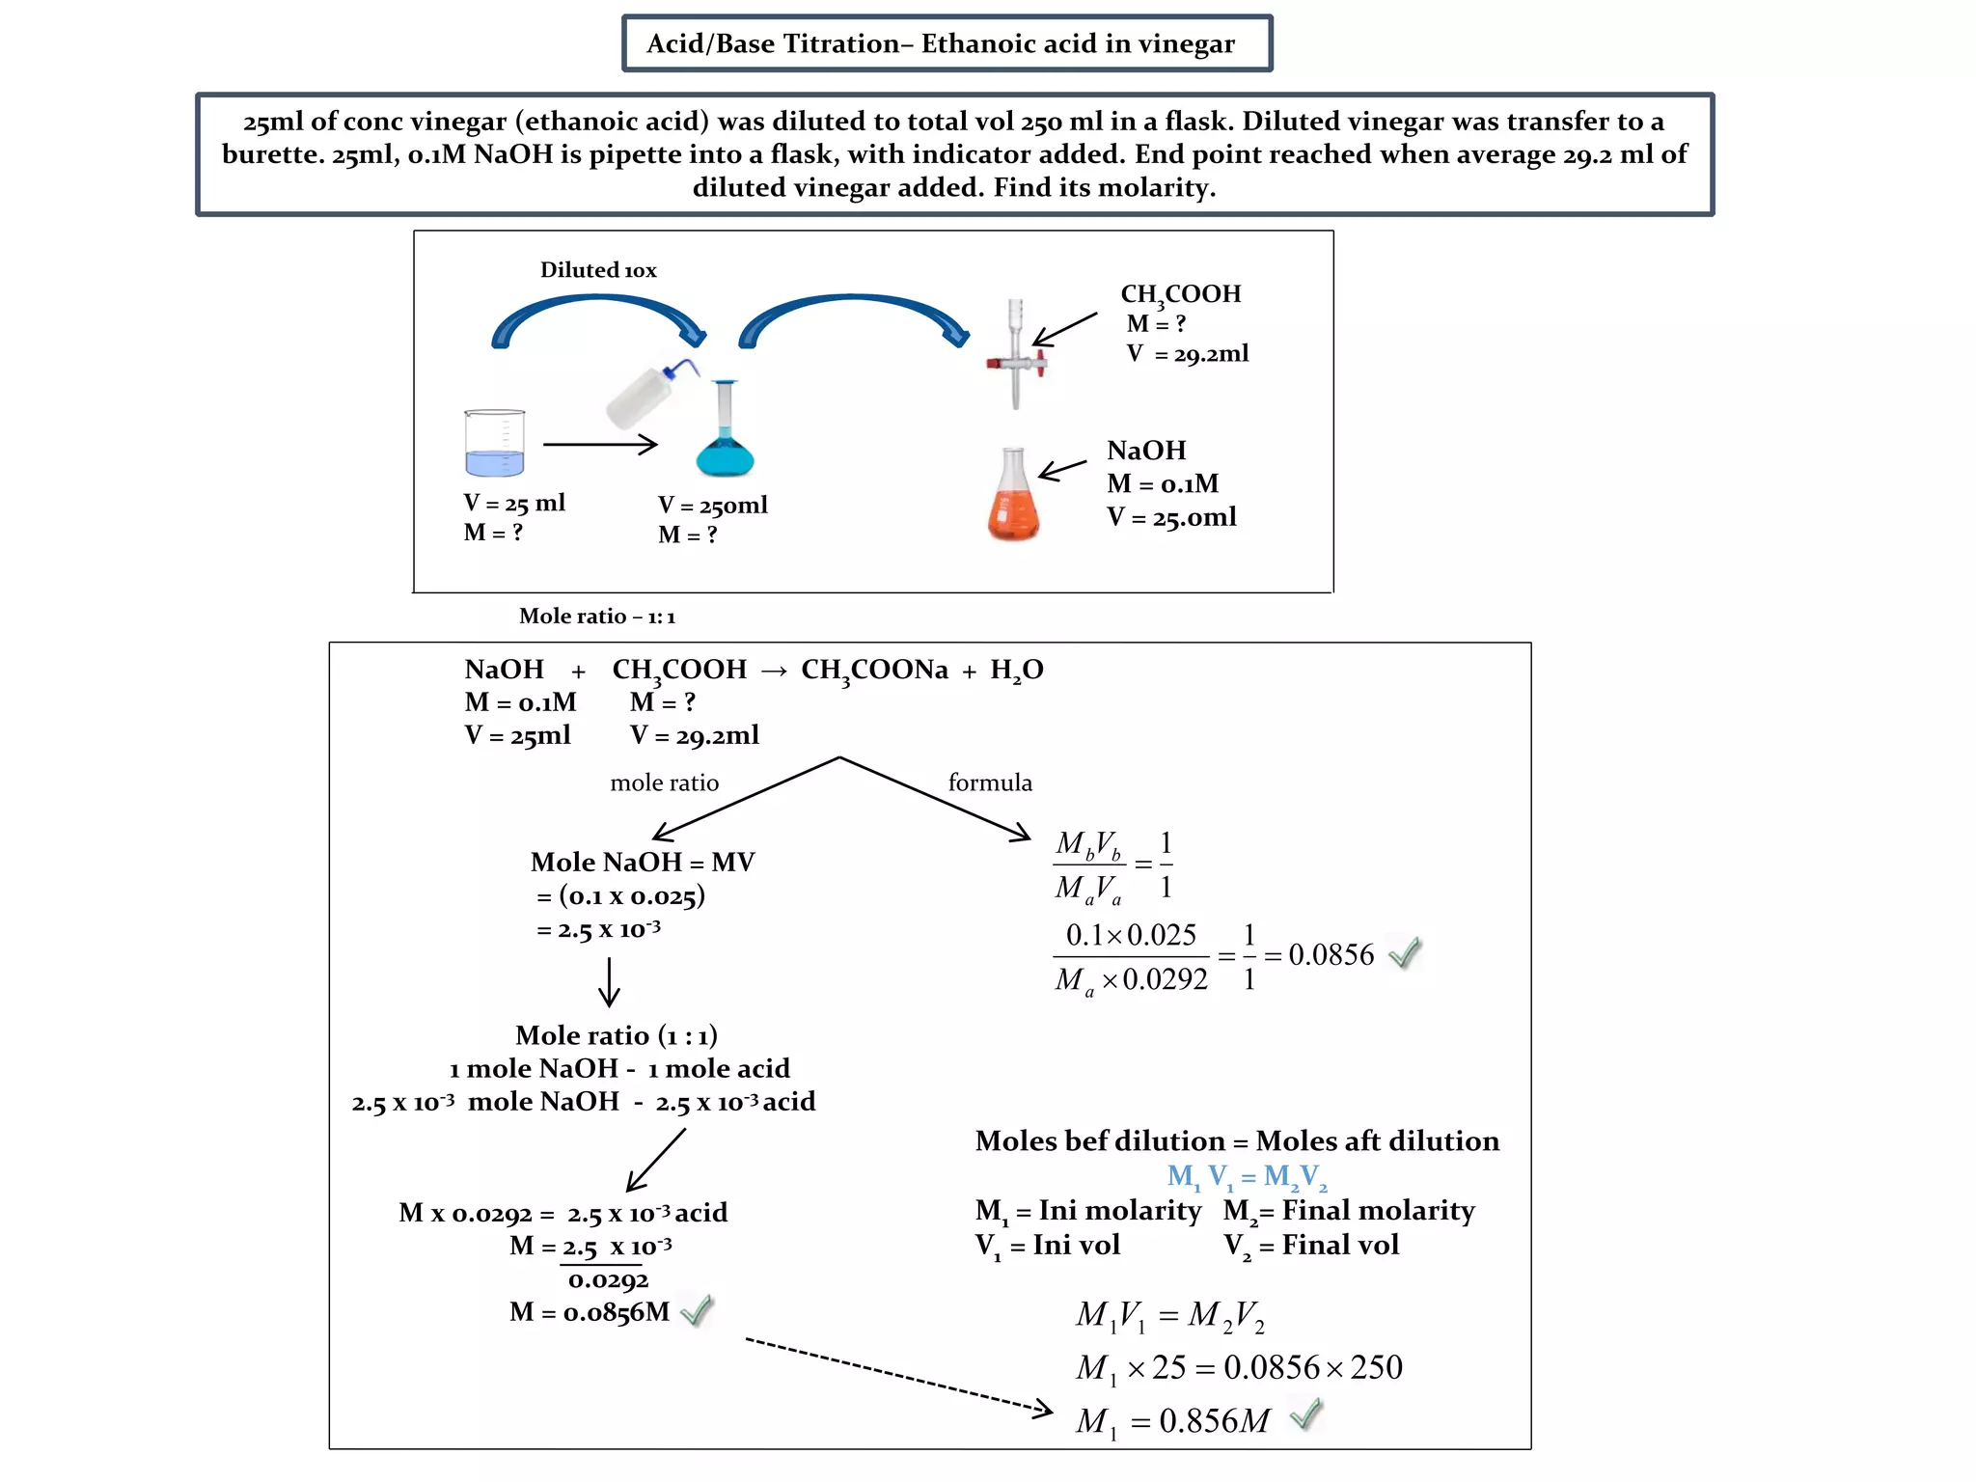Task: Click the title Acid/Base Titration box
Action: (947, 43)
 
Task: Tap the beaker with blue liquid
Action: (494, 444)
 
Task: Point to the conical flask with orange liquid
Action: (1013, 497)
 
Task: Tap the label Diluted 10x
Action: (598, 270)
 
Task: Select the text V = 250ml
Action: (713, 505)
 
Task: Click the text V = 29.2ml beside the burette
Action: (1188, 354)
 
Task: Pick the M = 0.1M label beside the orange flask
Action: (1163, 483)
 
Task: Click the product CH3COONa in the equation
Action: (874, 670)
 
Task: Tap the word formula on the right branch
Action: (990, 782)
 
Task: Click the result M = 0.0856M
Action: (589, 1312)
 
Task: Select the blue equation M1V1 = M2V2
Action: (1247, 1176)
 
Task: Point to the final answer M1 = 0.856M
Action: (1172, 1421)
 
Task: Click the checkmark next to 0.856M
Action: (1305, 1414)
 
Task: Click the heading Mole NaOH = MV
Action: (643, 862)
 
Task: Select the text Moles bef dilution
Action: (1099, 1141)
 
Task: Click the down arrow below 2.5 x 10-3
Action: (609, 982)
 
